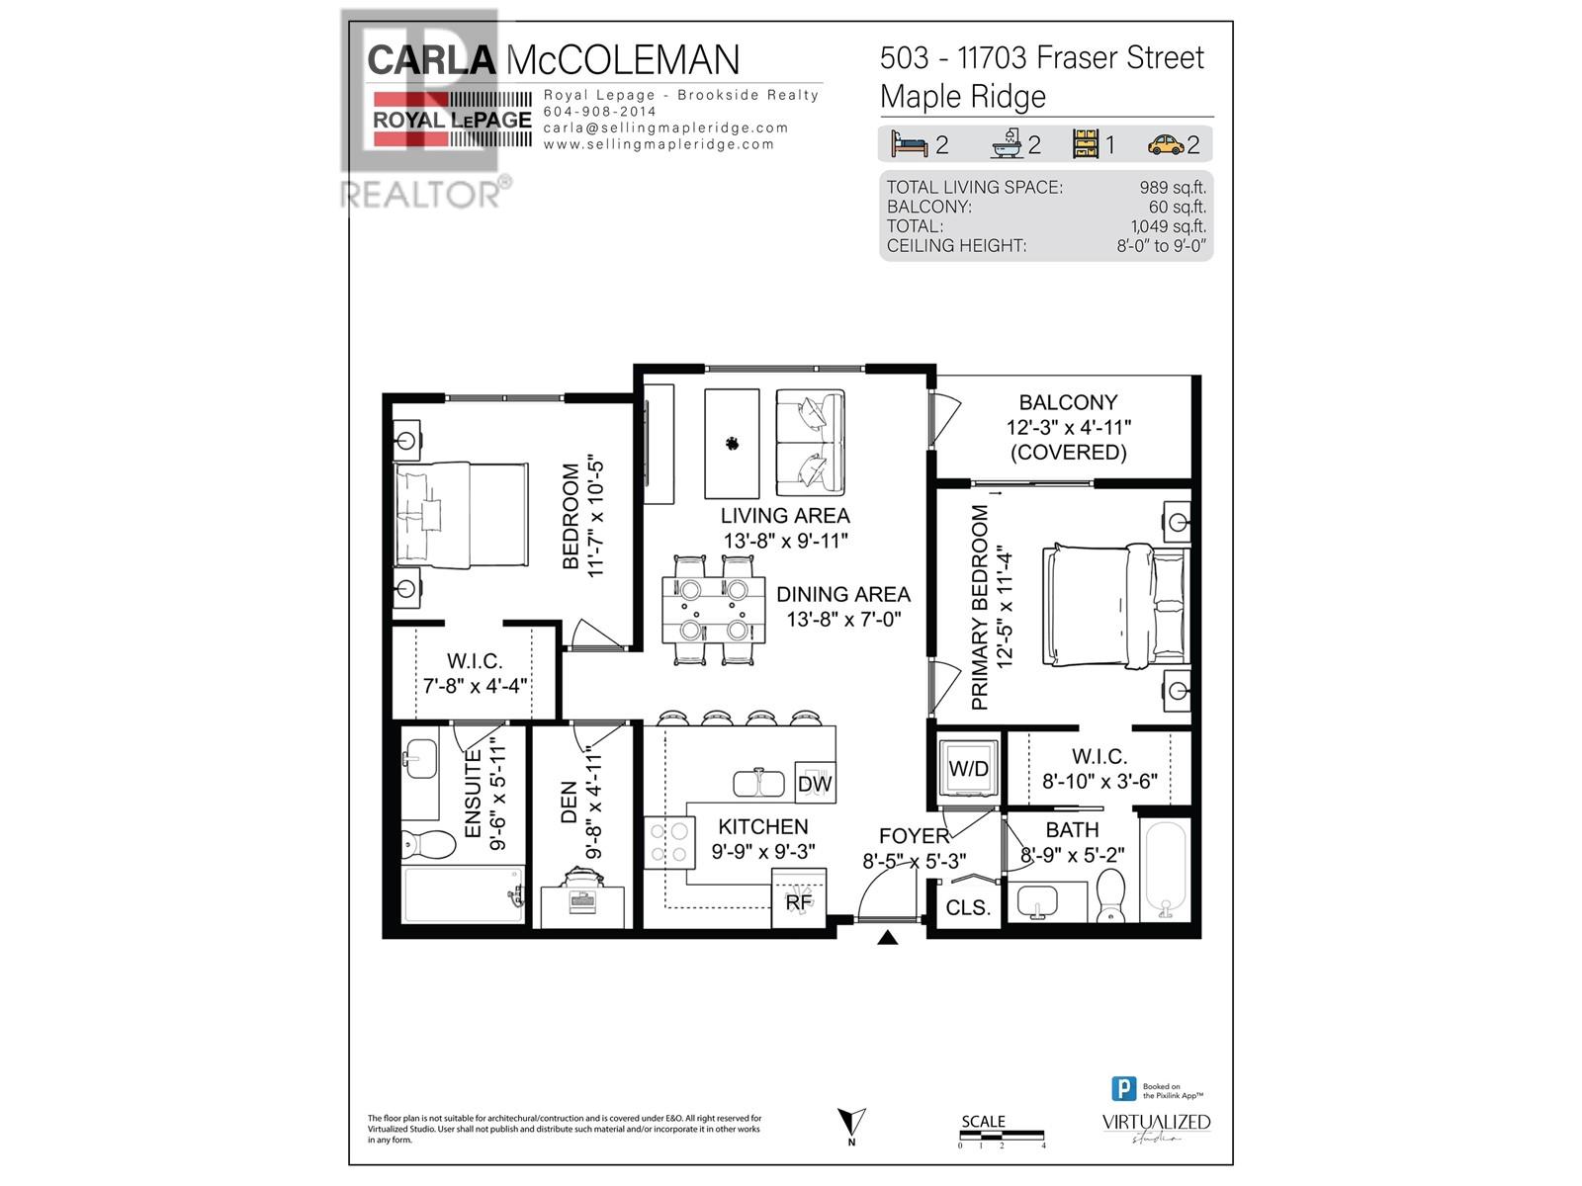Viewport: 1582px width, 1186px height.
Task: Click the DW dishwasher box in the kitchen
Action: (x=815, y=783)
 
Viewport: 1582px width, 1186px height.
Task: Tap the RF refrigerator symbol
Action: (x=797, y=900)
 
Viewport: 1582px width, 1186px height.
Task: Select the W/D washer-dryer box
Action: (x=967, y=768)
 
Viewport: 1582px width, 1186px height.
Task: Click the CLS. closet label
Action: (x=967, y=907)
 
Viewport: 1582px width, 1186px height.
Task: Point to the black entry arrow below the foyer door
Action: (x=887, y=937)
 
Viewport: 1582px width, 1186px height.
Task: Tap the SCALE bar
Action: (x=1001, y=1133)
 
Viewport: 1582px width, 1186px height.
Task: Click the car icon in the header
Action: (x=1166, y=145)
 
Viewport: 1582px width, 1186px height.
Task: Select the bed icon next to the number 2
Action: (x=909, y=144)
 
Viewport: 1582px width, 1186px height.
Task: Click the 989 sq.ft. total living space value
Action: (x=1172, y=187)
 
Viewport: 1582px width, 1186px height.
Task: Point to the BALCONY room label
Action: (x=1068, y=402)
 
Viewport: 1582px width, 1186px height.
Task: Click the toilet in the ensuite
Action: (x=428, y=844)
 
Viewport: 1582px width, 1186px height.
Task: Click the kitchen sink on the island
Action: (x=758, y=783)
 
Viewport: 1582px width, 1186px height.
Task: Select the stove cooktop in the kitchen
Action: (x=667, y=843)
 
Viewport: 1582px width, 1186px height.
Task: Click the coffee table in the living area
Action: (x=732, y=444)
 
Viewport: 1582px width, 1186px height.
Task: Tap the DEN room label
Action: (x=569, y=802)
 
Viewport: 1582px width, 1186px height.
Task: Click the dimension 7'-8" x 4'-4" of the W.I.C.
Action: (x=475, y=685)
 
